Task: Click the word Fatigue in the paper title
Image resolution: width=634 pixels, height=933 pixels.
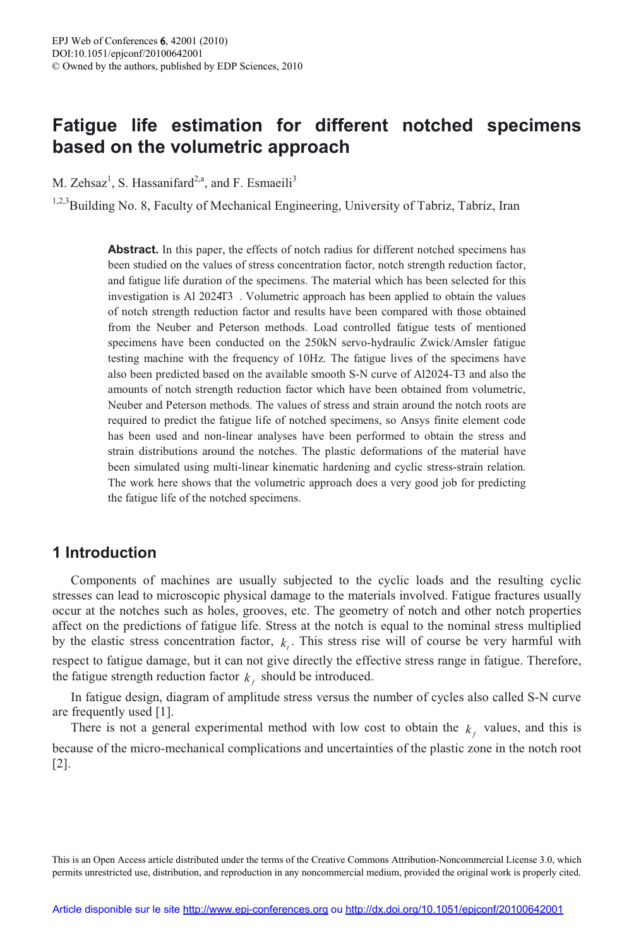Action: pos(85,125)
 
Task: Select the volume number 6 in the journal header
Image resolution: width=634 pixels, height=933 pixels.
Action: pos(163,41)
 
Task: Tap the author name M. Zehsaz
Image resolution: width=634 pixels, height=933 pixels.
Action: pos(80,183)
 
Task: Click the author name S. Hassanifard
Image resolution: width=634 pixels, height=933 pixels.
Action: pos(155,183)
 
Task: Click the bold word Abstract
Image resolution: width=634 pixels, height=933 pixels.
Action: pos(133,250)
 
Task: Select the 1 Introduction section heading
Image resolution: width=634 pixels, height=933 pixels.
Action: pos(104,553)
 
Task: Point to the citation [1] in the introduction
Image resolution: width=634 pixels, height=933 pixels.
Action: pos(164,712)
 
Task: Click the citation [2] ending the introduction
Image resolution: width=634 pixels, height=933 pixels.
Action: pos(61,764)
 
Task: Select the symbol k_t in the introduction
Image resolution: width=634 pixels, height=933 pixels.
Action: pos(285,642)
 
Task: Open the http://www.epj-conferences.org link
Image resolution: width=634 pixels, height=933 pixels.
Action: pos(255,910)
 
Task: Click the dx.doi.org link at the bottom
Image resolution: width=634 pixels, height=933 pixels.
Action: pos(454,910)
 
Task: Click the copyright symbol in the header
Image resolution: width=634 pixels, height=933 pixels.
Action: pos(56,66)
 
